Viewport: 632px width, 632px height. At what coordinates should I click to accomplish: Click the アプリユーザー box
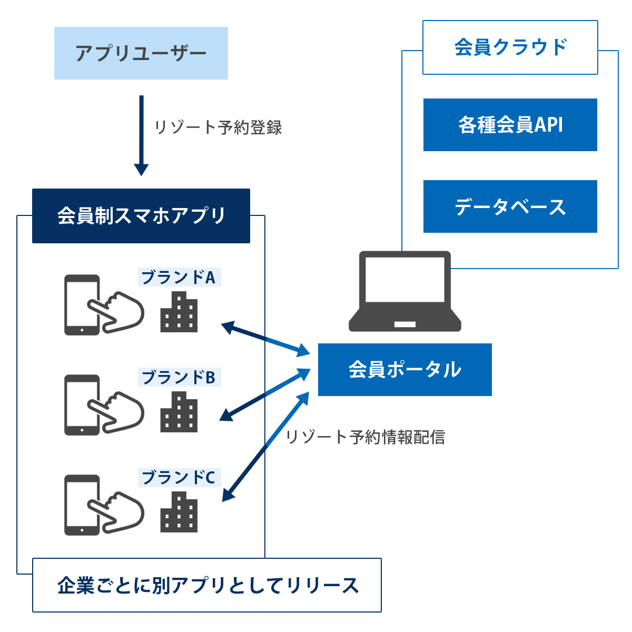click(x=141, y=53)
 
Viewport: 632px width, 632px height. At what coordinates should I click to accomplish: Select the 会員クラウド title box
click(x=510, y=47)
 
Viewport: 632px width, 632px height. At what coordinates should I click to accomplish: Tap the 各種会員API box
click(x=510, y=125)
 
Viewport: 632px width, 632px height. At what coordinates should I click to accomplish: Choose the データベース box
click(x=510, y=206)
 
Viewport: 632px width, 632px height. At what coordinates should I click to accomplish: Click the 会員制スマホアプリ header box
click(x=141, y=216)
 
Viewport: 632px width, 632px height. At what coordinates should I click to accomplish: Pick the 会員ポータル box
click(x=404, y=369)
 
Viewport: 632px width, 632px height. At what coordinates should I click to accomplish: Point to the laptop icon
click(x=404, y=291)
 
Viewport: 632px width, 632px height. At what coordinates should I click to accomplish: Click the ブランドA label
click(x=179, y=277)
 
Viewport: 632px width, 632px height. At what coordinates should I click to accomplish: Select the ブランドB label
click(x=179, y=377)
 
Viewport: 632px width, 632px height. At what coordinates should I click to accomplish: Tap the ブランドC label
click(x=179, y=477)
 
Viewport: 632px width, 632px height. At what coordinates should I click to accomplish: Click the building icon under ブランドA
click(x=179, y=312)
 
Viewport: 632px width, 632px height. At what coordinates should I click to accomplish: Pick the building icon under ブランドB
click(x=179, y=412)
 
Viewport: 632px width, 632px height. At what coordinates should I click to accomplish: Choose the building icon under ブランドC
click(x=179, y=511)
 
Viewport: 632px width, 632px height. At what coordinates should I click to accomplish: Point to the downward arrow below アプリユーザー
click(x=141, y=135)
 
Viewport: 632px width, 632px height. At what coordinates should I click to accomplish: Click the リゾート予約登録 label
click(x=218, y=127)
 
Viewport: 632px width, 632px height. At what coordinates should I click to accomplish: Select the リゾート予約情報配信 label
click(x=365, y=437)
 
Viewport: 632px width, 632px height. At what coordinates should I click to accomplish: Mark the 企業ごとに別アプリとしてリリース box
click(x=206, y=585)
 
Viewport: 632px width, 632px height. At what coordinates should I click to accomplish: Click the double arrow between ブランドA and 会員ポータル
click(x=265, y=339)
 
